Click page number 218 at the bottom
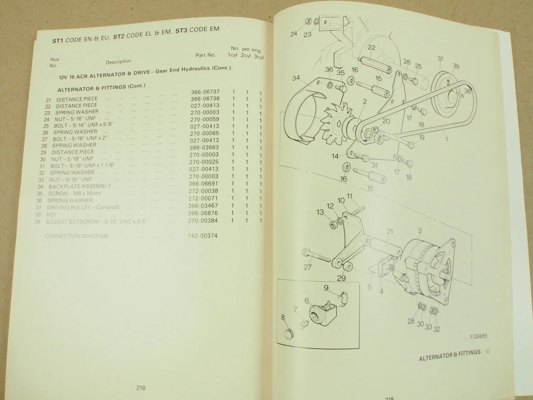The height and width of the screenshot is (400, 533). click(x=141, y=388)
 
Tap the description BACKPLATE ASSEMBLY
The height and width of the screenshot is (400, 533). click(x=80, y=186)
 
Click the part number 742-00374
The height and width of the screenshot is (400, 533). click(x=203, y=235)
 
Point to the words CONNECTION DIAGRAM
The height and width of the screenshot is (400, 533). click(x=76, y=236)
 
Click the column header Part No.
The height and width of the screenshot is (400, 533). click(x=206, y=55)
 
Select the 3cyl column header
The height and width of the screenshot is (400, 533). click(x=259, y=57)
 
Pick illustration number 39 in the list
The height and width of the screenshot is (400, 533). click(x=37, y=222)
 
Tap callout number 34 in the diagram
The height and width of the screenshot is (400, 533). click(x=296, y=78)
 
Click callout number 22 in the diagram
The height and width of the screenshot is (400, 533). click(x=371, y=48)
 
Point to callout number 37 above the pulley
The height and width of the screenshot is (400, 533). click(x=440, y=59)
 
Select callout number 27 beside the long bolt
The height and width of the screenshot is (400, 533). click(x=307, y=267)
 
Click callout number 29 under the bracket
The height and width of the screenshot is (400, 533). click(x=341, y=278)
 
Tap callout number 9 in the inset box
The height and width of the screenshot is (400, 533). click(x=326, y=288)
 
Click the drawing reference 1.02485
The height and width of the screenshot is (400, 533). click(x=478, y=336)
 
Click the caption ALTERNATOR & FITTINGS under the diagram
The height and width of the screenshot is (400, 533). click(x=449, y=355)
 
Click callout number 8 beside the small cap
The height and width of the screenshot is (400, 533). click(x=283, y=317)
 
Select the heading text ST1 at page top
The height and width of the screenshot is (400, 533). click(x=58, y=41)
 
